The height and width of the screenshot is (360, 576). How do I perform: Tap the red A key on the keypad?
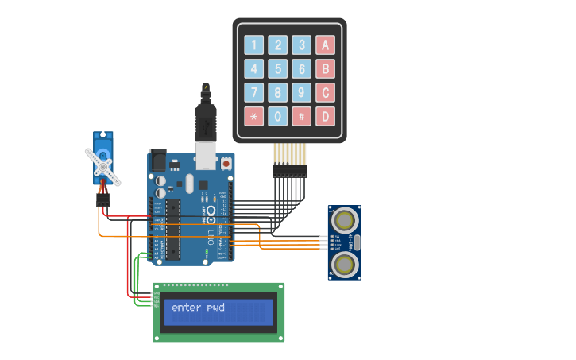[325, 45]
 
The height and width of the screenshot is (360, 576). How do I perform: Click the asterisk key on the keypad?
[254, 117]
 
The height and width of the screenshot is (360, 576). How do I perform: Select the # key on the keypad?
[301, 117]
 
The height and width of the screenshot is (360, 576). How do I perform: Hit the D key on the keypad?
[325, 117]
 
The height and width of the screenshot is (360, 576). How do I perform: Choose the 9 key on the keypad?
[301, 93]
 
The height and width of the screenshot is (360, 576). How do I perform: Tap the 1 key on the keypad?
[254, 45]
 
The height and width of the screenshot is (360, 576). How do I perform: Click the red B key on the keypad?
[325, 69]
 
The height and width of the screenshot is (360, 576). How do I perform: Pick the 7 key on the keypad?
[254, 93]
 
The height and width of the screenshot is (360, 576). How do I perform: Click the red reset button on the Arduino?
[226, 164]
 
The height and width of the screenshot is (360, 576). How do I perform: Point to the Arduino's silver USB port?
[206, 157]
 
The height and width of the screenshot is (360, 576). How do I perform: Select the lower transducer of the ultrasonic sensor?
[345, 263]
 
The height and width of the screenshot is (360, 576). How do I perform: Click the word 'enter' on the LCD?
[187, 308]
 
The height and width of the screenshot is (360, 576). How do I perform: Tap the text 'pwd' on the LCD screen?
[215, 308]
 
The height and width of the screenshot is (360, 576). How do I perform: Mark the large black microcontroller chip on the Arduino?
[173, 229]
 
